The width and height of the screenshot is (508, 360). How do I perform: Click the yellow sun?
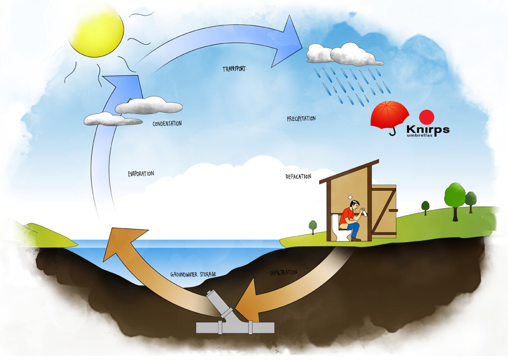click(x=96, y=28)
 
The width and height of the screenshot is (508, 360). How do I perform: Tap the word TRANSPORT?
click(x=234, y=68)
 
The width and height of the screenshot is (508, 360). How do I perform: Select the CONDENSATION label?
click(x=167, y=123)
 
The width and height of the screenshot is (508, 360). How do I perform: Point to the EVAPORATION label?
click(x=141, y=173)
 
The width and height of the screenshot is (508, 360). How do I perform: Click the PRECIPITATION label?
click(x=301, y=118)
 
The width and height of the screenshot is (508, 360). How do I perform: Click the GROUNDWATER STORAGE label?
click(x=193, y=275)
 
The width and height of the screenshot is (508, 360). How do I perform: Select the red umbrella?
click(x=390, y=115)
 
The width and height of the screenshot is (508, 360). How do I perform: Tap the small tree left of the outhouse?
click(x=313, y=226)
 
